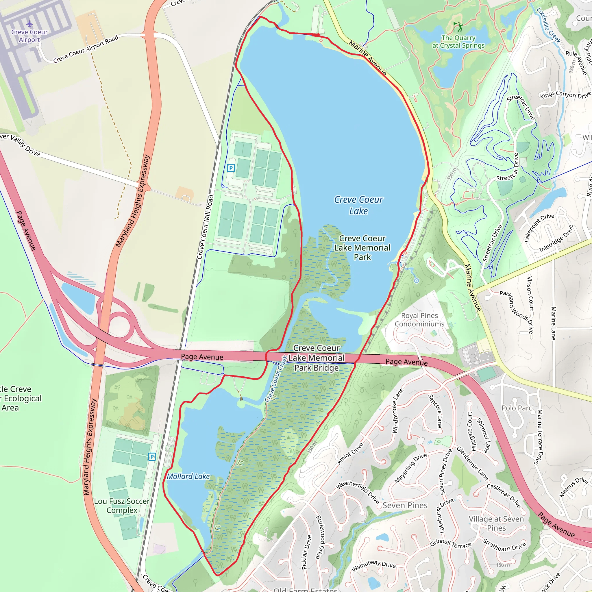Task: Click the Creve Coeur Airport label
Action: [29, 36]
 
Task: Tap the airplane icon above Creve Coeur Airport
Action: [29, 24]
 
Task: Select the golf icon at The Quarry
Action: [458, 27]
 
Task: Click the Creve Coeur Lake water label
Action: [358, 205]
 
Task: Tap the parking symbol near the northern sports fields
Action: [231, 168]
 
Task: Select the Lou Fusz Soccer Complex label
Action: [122, 506]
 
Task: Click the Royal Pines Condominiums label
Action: [419, 320]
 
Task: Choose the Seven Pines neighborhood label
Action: [405, 505]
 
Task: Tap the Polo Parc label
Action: [517, 408]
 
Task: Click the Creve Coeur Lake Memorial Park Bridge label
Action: [316, 358]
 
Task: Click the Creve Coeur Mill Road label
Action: [205, 227]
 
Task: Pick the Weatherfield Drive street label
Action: [358, 492]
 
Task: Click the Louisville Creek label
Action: [548, 25]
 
